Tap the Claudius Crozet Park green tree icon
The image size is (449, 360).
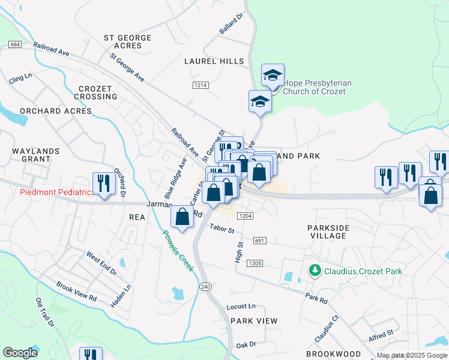click(x=314, y=271)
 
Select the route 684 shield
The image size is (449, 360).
click(x=16, y=45)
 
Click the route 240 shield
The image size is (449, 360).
click(x=206, y=287)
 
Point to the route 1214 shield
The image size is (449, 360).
click(x=200, y=86)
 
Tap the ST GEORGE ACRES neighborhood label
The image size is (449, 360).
click(x=128, y=41)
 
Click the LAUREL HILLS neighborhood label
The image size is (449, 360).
click(x=214, y=61)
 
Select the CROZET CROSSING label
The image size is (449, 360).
click(x=96, y=92)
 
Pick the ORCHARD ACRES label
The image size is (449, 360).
click(x=56, y=111)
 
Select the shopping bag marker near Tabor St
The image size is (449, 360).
click(x=182, y=217)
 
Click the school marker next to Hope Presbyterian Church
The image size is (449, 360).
click(x=273, y=76)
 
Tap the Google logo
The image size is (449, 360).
click(x=20, y=353)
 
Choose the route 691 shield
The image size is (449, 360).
click(x=259, y=241)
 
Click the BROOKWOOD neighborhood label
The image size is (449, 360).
click(x=333, y=354)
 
